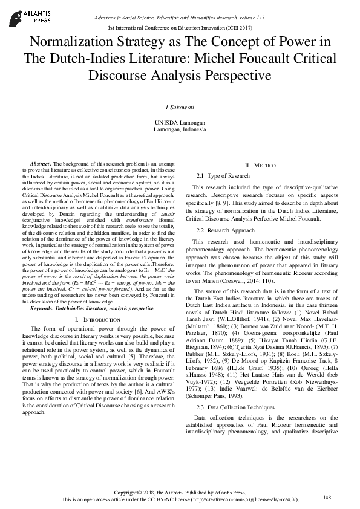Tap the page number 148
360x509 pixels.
click(327, 497)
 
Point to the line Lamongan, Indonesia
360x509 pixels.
click(180, 129)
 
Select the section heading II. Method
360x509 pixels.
click(260, 166)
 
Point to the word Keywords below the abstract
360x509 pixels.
click(43, 308)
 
